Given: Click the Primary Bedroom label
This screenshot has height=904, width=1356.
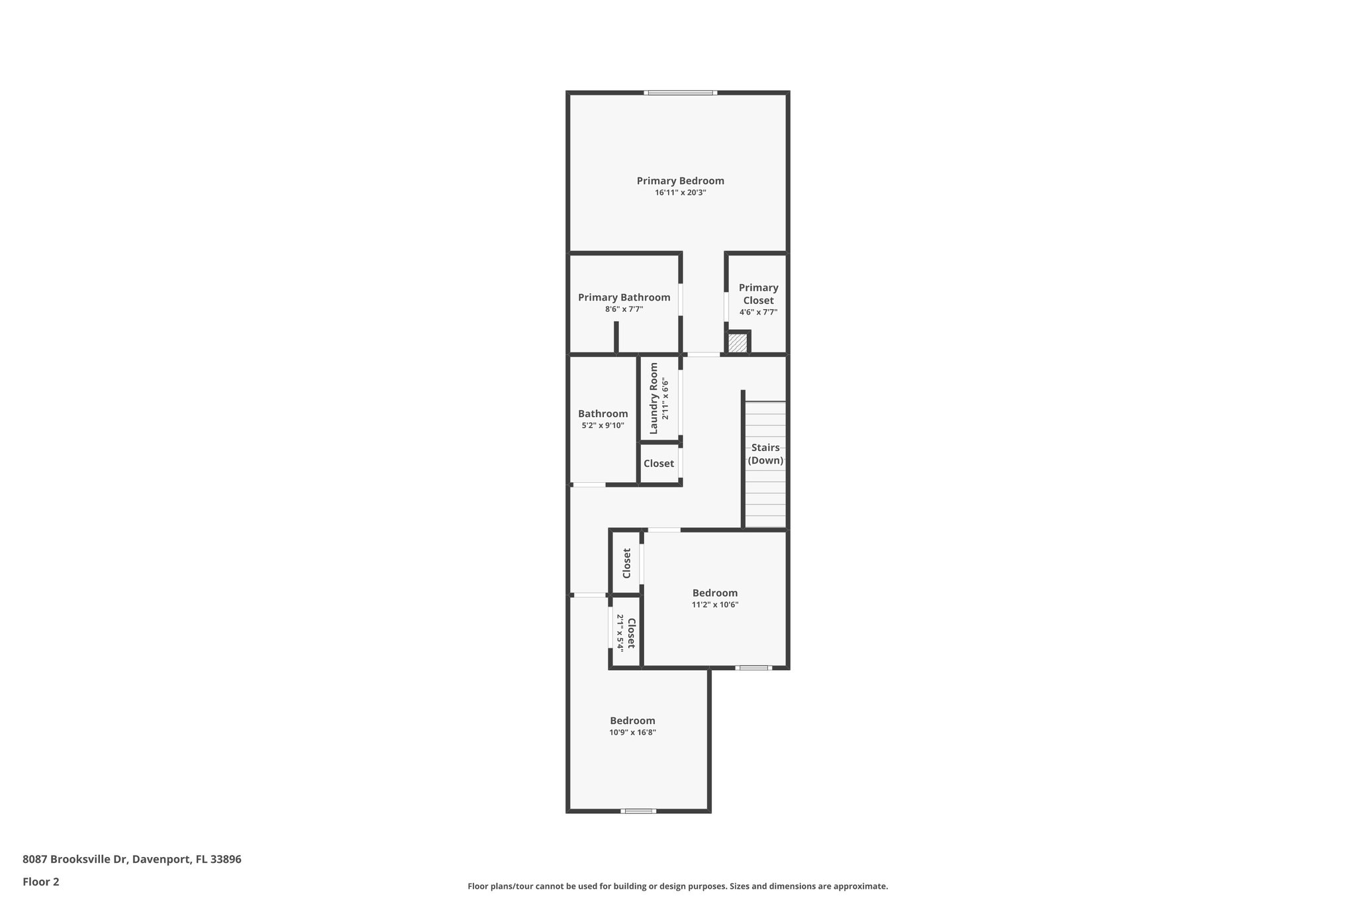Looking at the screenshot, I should pyautogui.click(x=680, y=181).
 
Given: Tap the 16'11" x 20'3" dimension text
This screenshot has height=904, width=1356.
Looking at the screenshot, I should pyautogui.click(x=680, y=193).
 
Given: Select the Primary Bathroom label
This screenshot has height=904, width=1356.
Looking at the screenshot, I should pyautogui.click(x=624, y=297).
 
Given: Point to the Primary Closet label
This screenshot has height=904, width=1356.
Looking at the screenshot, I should pyautogui.click(x=758, y=293).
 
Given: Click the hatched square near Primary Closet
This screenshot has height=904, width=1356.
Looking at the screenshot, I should pyautogui.click(x=737, y=343).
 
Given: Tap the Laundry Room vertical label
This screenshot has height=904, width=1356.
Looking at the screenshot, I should pyautogui.click(x=654, y=398).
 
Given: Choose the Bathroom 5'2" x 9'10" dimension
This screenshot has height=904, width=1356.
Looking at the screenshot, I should pyautogui.click(x=603, y=426).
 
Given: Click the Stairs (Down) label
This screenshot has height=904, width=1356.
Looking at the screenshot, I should pyautogui.click(x=765, y=454).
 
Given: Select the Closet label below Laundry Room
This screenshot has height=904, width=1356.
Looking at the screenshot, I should pyautogui.click(x=658, y=464).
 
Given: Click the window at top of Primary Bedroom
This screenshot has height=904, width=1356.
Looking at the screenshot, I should pyautogui.click(x=680, y=93).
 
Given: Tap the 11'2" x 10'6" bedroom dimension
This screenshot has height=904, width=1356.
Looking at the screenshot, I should pyautogui.click(x=714, y=605).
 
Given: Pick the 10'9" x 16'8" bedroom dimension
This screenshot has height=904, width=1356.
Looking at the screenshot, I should pyautogui.click(x=632, y=732).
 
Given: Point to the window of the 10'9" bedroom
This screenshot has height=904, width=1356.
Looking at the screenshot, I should pyautogui.click(x=638, y=811).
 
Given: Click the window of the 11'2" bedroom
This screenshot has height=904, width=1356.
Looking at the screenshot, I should pyautogui.click(x=753, y=668).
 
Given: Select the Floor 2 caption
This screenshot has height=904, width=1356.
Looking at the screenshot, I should pyautogui.click(x=41, y=881).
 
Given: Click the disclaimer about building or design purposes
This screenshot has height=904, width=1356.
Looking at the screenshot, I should pyautogui.click(x=677, y=886).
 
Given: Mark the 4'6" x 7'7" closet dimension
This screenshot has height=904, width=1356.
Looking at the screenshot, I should pyautogui.click(x=758, y=312).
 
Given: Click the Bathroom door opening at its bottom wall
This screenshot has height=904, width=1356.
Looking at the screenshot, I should pyautogui.click(x=589, y=485).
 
